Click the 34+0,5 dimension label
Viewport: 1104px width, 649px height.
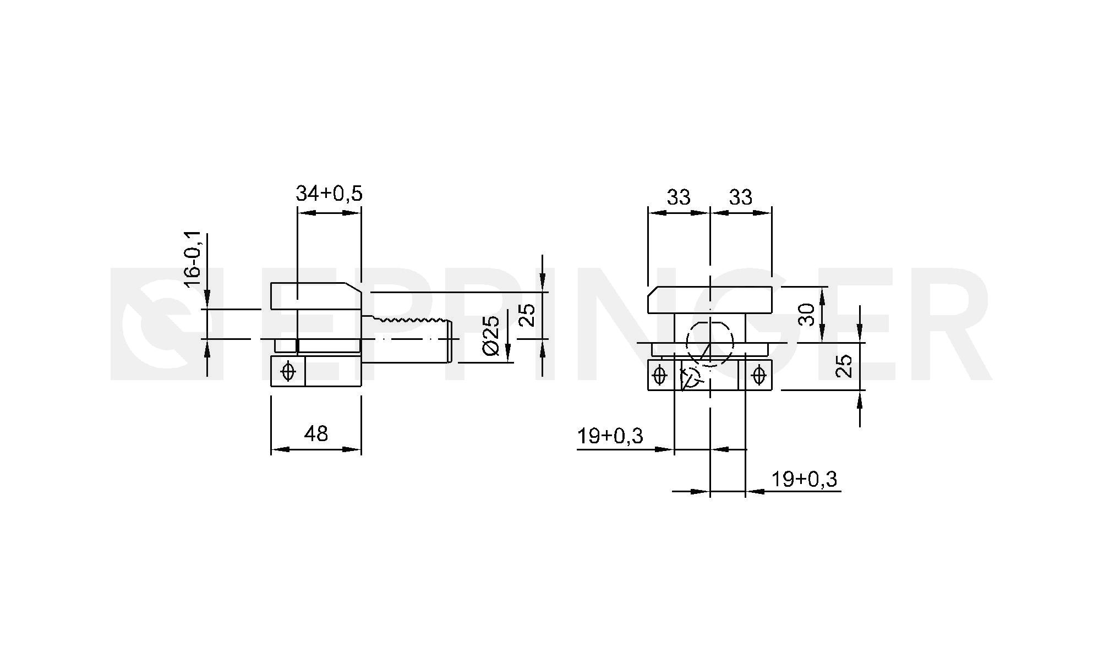(x=329, y=194)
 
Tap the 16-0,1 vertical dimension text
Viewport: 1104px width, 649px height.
(x=193, y=260)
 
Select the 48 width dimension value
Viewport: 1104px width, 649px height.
(x=316, y=434)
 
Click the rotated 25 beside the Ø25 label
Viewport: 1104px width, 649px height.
(x=527, y=315)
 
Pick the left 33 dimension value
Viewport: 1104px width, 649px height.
(x=679, y=197)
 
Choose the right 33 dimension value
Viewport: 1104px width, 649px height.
(x=740, y=197)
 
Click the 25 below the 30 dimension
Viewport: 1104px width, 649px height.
(x=843, y=366)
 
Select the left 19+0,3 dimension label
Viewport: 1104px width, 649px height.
(x=610, y=436)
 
